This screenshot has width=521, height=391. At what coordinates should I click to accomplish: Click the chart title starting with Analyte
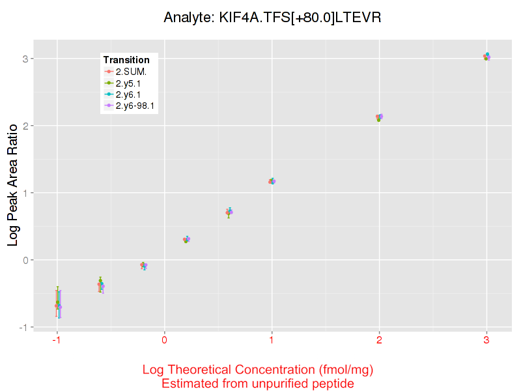[x=272, y=18]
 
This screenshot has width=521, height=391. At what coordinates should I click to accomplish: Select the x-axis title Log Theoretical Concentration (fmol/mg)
[x=258, y=370]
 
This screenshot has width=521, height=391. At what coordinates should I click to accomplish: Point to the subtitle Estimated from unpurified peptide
[x=258, y=384]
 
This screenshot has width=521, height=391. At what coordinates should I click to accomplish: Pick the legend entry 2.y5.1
[x=132, y=83]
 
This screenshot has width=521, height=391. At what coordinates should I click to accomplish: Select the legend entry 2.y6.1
[x=132, y=94]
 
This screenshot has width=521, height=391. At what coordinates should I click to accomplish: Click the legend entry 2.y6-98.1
[x=139, y=106]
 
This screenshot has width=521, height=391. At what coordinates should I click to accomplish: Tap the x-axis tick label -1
[x=57, y=340]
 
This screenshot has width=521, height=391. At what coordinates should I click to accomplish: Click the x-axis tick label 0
[x=164, y=340]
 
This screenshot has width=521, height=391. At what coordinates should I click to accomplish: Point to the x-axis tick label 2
[x=379, y=340]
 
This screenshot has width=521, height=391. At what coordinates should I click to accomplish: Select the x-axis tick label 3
[x=486, y=340]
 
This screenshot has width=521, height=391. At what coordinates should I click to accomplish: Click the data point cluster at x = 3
[x=486, y=57]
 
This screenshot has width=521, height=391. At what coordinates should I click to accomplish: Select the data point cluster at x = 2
[x=379, y=117]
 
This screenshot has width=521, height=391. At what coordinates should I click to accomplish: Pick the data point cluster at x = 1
[x=272, y=181]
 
